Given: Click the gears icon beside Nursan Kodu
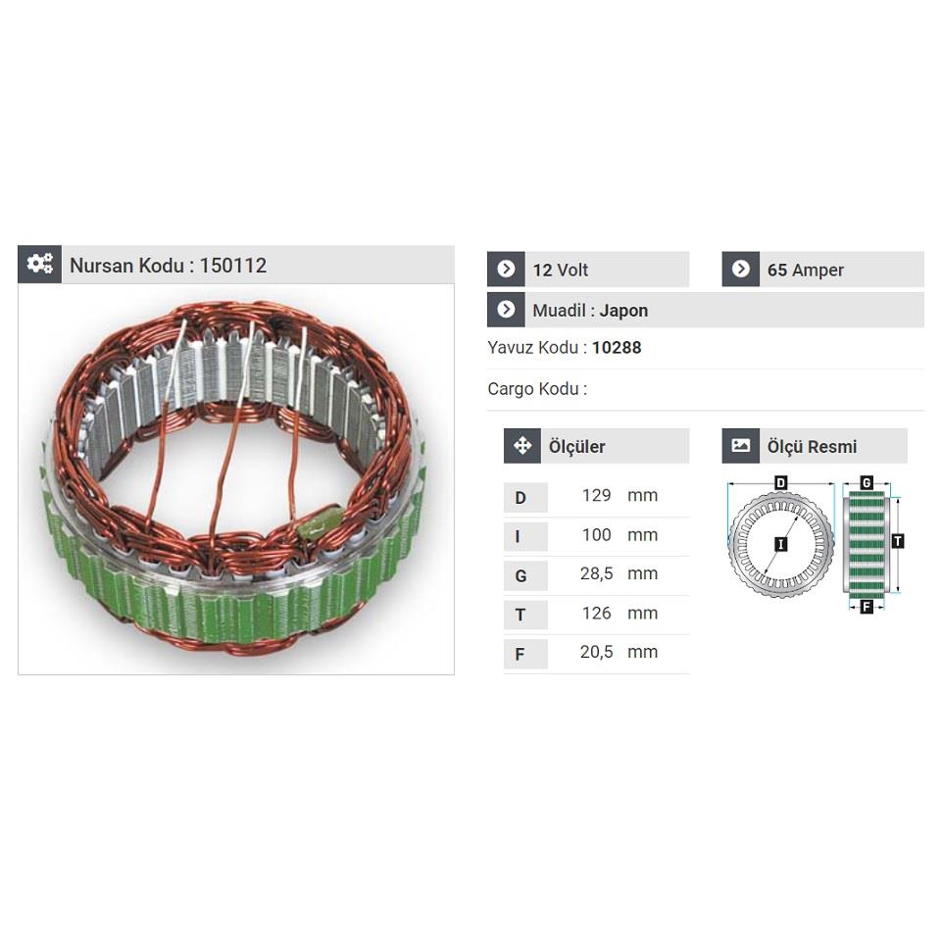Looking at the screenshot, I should pyautogui.click(x=39, y=264).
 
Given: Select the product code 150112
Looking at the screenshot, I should pyautogui.click(x=233, y=266).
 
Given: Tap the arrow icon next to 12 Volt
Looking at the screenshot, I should pyautogui.click(x=506, y=270).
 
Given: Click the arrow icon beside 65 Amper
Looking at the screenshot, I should pyautogui.click(x=741, y=270).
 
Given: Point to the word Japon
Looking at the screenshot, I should pyautogui.click(x=623, y=311).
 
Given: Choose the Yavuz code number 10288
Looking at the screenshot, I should pyautogui.click(x=617, y=348).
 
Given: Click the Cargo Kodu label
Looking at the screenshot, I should pyautogui.click(x=537, y=389).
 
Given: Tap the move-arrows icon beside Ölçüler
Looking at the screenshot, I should pyautogui.click(x=521, y=446).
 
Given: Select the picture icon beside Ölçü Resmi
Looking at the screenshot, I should pyautogui.click(x=741, y=446).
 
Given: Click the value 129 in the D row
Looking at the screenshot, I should pyautogui.click(x=596, y=496).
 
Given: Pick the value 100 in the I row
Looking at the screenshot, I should pyautogui.click(x=596, y=535).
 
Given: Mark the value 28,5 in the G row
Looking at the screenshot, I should pyautogui.click(x=596, y=574).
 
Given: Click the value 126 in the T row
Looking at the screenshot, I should pyautogui.click(x=596, y=614).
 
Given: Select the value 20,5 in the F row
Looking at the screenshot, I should pyautogui.click(x=596, y=652).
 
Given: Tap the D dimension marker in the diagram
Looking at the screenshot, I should pyautogui.click(x=781, y=483).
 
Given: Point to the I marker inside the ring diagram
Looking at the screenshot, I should pyautogui.click(x=780, y=543).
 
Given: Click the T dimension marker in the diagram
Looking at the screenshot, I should pyautogui.click(x=898, y=541).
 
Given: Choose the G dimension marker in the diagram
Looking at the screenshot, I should pyautogui.click(x=867, y=483).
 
